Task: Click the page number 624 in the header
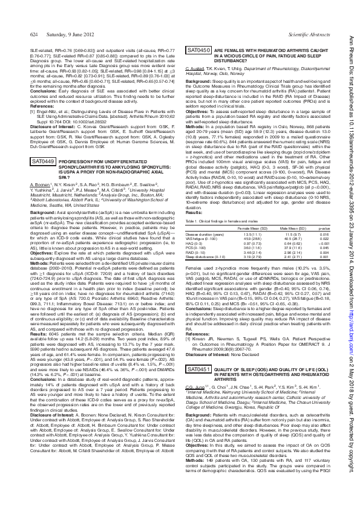(17, 36)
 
